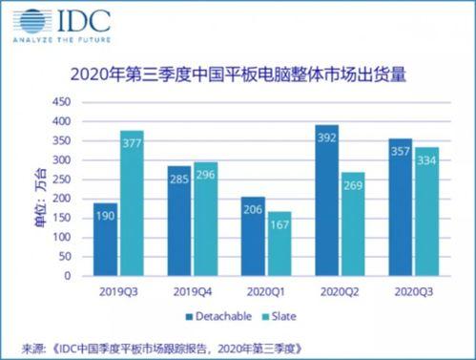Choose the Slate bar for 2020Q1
click(279, 243)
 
